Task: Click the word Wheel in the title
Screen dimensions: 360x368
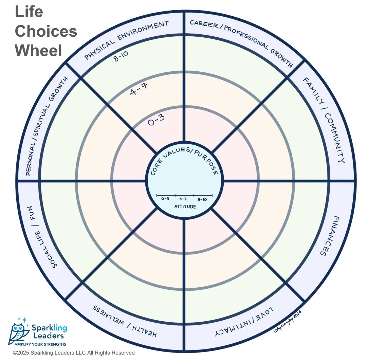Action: click(x=38, y=50)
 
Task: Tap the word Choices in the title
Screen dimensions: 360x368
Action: click(x=46, y=31)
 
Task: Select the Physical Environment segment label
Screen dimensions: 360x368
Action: click(x=126, y=40)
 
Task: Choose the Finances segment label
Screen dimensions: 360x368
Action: click(x=327, y=236)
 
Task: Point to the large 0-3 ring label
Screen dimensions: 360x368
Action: click(x=157, y=121)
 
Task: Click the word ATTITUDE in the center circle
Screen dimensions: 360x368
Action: click(x=185, y=206)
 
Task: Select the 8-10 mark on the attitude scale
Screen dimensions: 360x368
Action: click(x=203, y=199)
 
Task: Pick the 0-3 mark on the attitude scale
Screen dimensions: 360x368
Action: click(x=165, y=199)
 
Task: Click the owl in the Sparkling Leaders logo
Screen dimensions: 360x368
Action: click(x=19, y=331)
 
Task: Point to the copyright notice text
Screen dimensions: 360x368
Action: click(x=74, y=353)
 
